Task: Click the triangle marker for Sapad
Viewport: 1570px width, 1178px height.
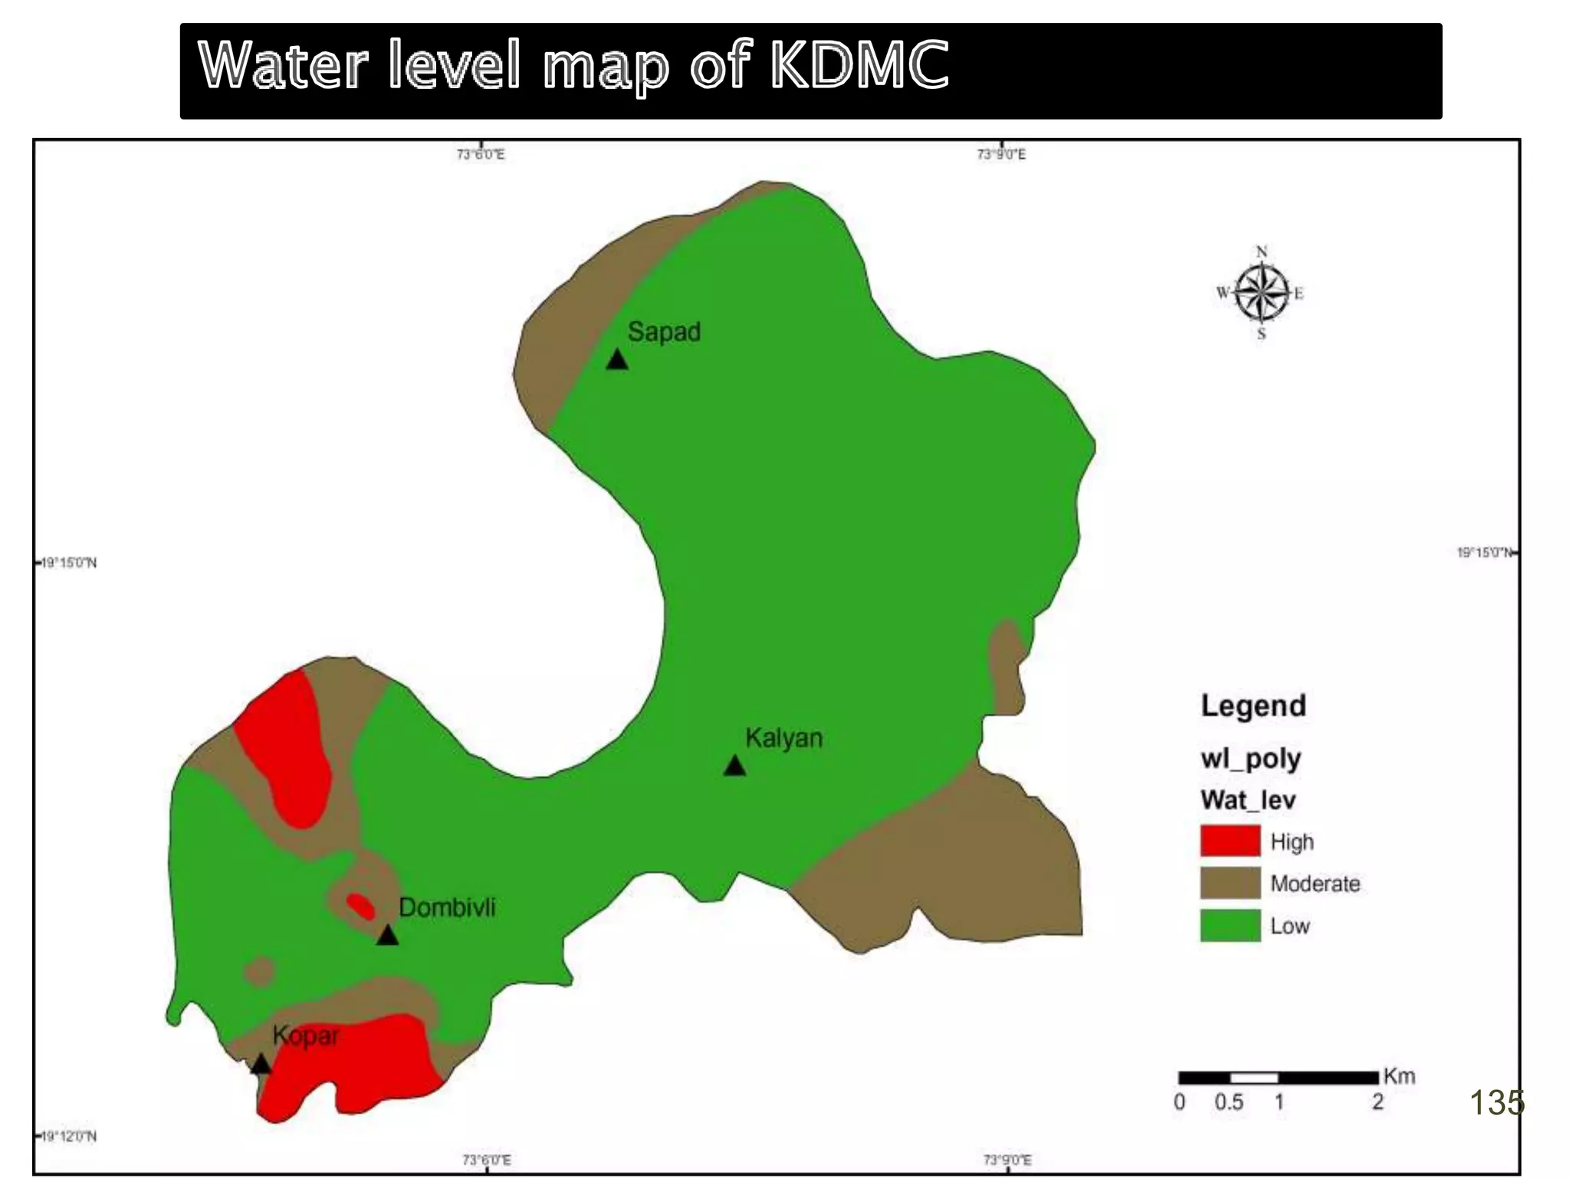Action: pos(617,360)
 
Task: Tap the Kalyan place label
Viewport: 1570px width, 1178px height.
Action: pos(783,738)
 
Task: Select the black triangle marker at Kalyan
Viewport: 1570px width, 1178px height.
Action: pos(734,766)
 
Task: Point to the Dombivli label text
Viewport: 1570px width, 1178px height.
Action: pos(447,907)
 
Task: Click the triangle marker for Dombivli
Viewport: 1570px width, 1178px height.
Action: pos(387,936)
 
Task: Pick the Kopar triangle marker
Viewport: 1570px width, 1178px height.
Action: pos(261,1064)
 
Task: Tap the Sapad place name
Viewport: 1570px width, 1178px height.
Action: pos(664,332)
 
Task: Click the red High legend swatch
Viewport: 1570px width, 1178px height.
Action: pos(1230,841)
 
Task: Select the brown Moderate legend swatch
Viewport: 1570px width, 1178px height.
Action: pos(1230,883)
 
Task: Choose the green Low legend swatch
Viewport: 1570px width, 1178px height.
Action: pos(1230,925)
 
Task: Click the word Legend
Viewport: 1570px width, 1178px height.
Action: pos(1253,706)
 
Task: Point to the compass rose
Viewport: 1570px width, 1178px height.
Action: pos(1261,292)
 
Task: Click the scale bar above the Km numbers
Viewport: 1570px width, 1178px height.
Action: pos(1278,1078)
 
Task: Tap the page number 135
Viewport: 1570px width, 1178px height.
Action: pos(1496,1103)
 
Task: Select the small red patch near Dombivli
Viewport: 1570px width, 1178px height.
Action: pos(360,907)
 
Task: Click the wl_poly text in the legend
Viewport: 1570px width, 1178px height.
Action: pos(1250,758)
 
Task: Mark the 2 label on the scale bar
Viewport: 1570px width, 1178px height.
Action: pos(1378,1102)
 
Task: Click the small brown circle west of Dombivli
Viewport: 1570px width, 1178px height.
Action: pos(261,972)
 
